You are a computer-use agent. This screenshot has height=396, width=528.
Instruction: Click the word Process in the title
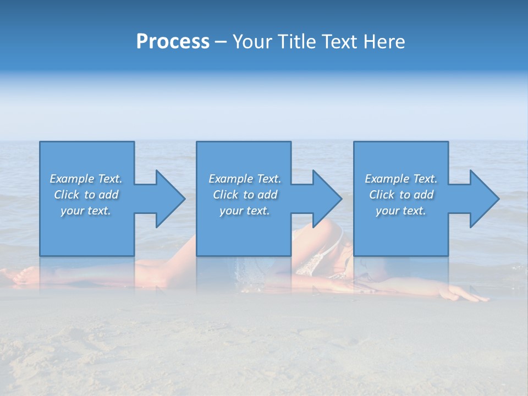coord(173,42)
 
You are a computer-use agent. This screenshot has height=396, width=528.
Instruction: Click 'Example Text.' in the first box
coord(86,179)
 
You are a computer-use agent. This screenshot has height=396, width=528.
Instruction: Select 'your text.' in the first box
coord(86,211)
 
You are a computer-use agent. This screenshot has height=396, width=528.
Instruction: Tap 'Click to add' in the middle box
coord(245,195)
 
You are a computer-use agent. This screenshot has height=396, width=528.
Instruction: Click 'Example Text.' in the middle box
coord(245,179)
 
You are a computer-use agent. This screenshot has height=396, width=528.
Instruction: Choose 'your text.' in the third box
coord(401,211)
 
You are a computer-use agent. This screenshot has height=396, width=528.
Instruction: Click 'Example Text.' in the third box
coord(401,179)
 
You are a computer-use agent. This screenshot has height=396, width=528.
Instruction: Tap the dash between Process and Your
coord(221,42)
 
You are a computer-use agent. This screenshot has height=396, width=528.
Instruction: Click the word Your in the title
coord(251,42)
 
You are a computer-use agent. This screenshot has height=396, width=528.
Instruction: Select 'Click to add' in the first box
coord(86,195)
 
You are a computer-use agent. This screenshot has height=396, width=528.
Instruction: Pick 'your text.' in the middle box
coord(245,211)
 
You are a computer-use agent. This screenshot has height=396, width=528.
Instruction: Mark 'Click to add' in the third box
coord(401,195)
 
